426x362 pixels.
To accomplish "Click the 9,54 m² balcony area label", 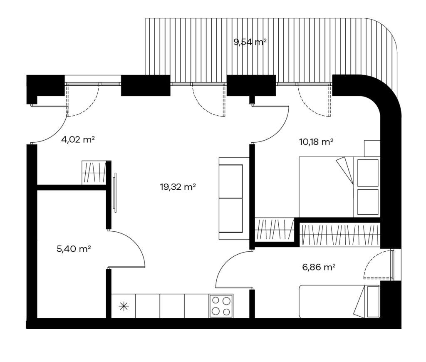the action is [x=250, y=42].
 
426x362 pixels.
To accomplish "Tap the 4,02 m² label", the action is [x=78, y=140].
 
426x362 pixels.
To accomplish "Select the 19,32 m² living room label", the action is [x=178, y=187].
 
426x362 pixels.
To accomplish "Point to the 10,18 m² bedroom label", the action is [x=316, y=142].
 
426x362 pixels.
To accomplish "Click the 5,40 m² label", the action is [x=74, y=249].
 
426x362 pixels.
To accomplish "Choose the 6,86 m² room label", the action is [x=318, y=268].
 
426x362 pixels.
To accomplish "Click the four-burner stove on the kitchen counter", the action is [x=221, y=306].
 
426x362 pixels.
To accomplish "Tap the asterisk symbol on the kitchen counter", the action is [x=123, y=307].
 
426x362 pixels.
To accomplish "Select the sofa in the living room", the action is [x=235, y=198].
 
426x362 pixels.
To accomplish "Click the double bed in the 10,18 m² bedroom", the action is [x=339, y=187].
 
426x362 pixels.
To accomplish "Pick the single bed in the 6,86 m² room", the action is [x=339, y=301].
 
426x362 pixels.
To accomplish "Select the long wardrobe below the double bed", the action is [x=339, y=235].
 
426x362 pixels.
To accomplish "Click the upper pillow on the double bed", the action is [x=368, y=173].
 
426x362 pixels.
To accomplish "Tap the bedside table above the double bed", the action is [x=372, y=149].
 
